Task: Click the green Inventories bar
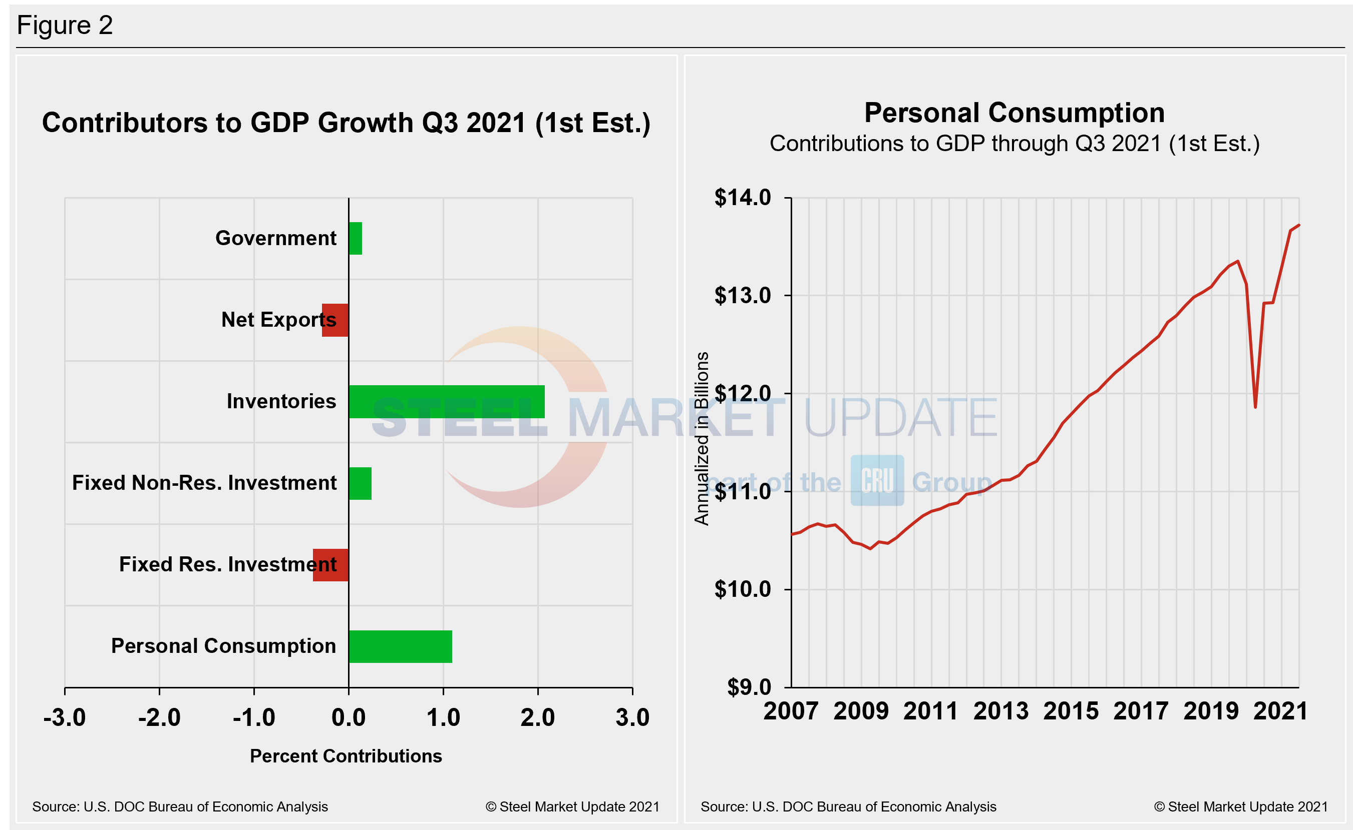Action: coord(446,402)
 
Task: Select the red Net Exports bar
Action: coord(335,320)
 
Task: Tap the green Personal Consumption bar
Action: coord(400,647)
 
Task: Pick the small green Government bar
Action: coord(355,238)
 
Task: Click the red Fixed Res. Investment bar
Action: coord(330,565)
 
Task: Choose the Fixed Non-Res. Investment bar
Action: coord(360,484)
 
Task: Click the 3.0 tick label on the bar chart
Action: coord(632,717)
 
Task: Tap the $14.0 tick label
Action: coord(742,198)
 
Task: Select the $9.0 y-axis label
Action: coord(749,687)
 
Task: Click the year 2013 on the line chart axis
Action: coord(1000,711)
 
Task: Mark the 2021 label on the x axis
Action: coord(1280,711)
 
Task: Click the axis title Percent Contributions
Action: coord(346,756)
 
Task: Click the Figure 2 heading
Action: coord(65,25)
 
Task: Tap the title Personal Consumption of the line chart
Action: coord(1014,113)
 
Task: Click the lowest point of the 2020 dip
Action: coord(1255,407)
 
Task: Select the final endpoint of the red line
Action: coord(1298,225)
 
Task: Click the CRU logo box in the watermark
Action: coord(877,480)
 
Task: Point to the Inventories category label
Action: coord(281,402)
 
